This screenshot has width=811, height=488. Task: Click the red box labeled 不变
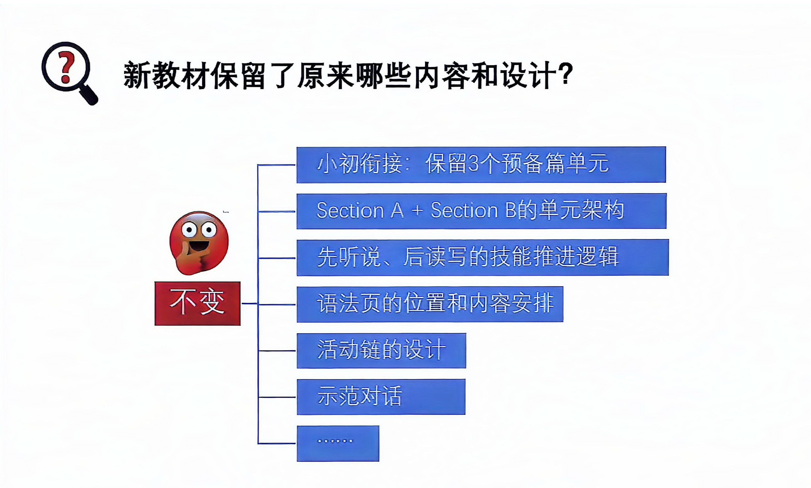pos(197,303)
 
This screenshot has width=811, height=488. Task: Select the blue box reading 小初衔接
pos(481,164)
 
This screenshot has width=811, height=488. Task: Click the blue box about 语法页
pos(430,304)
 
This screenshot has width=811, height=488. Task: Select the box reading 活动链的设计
pos(381,350)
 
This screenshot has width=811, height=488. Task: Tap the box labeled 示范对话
pos(381,397)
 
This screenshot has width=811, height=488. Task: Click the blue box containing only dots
pos(338,443)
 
